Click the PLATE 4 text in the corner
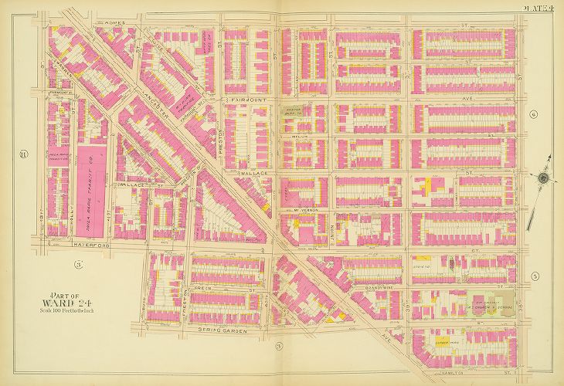[539, 8]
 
